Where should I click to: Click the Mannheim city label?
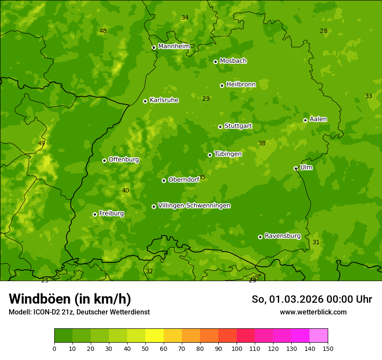click(x=174, y=46)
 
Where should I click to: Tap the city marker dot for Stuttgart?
click(x=221, y=127)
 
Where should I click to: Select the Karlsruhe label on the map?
click(x=164, y=100)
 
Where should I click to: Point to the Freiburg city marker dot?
click(x=95, y=214)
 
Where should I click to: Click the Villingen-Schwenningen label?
click(x=194, y=206)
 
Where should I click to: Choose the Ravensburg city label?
click(x=282, y=236)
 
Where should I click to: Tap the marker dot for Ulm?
click(x=296, y=168)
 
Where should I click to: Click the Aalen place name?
click(x=318, y=119)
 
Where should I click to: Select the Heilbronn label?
click(x=241, y=85)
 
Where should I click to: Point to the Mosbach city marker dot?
click(x=215, y=62)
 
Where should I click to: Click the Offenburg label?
click(x=123, y=160)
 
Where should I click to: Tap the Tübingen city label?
click(x=228, y=154)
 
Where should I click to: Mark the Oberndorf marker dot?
click(x=164, y=180)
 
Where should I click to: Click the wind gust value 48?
click(x=103, y=31)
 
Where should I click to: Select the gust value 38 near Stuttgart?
click(x=262, y=143)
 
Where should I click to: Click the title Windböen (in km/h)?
click(x=70, y=299)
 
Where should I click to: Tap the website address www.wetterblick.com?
click(x=313, y=312)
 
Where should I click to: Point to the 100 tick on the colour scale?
click(x=237, y=348)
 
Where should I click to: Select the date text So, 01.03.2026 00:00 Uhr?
click(x=312, y=299)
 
